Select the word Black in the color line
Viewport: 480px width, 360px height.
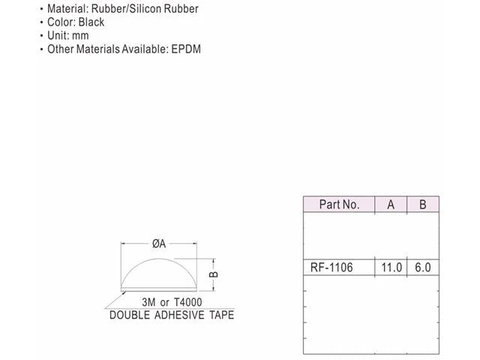tap(91, 22)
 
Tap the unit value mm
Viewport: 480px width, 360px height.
tap(80, 36)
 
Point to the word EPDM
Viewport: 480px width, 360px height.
tap(186, 49)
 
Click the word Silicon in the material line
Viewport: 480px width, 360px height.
tap(145, 8)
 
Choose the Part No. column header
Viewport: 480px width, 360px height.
tap(339, 205)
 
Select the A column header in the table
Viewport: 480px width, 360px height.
tap(391, 205)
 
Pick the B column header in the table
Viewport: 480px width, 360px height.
tap(423, 205)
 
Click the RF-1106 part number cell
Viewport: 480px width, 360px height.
tap(331, 268)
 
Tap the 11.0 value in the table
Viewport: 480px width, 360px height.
tap(391, 268)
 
